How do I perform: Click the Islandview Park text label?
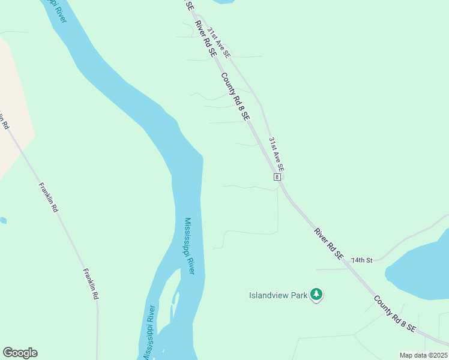tap(278, 295)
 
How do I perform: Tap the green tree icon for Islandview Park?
tap(316, 295)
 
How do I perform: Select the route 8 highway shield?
tap(277, 177)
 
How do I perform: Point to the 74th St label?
tap(363, 260)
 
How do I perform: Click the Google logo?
tap(20, 353)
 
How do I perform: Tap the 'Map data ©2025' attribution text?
tap(423, 355)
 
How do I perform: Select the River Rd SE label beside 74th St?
tap(328, 243)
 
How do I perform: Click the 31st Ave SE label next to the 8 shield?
tap(276, 153)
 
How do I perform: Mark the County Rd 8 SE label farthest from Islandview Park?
tap(235, 97)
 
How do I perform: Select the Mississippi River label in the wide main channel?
tap(189, 246)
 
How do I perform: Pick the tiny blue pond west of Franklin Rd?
tap(2, 220)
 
